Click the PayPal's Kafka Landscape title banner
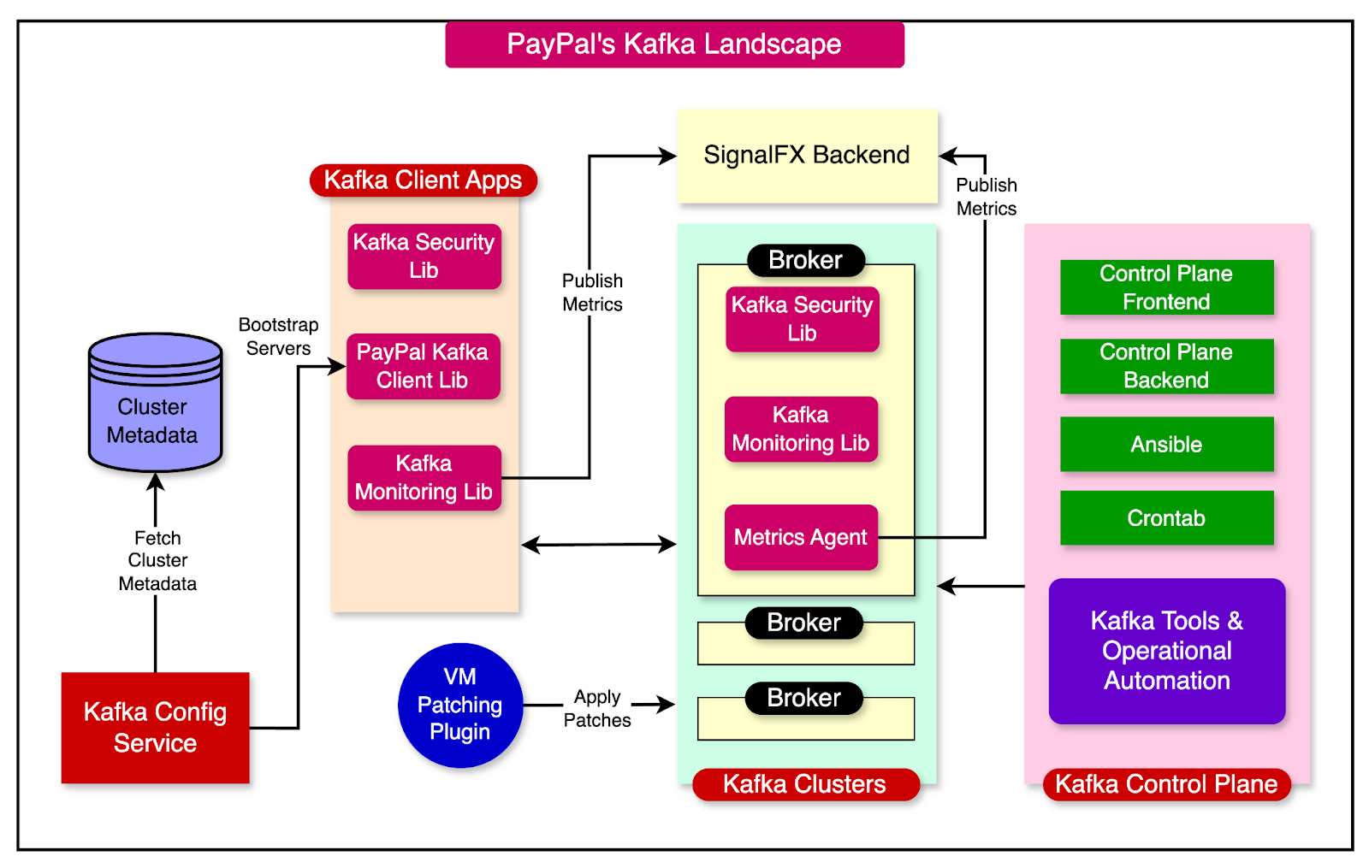(x=674, y=44)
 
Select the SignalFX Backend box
(x=807, y=156)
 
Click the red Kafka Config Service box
(x=155, y=728)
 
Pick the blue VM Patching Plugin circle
(x=460, y=705)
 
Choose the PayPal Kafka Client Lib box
(x=423, y=366)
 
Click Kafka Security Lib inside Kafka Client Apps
(x=424, y=257)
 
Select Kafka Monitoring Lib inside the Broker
(x=801, y=429)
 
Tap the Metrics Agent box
(x=801, y=537)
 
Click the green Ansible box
(x=1166, y=444)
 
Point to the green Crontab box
(x=1166, y=518)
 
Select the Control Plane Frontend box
(x=1166, y=287)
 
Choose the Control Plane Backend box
(x=1166, y=366)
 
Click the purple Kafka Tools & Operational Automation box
(x=1166, y=651)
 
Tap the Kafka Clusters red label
(x=804, y=784)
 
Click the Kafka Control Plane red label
(x=1166, y=784)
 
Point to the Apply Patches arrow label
(x=597, y=708)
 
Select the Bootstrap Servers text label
(x=278, y=336)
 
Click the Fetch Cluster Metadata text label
(x=157, y=561)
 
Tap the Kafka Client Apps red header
(x=423, y=180)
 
